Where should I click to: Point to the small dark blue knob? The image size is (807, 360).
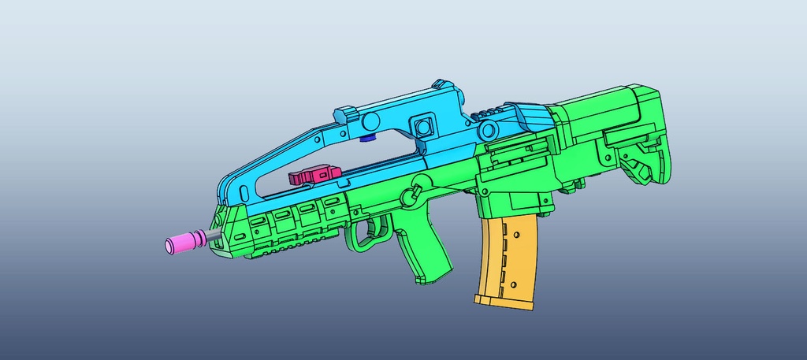tap(366, 140)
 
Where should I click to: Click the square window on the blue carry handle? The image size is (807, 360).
tap(423, 125)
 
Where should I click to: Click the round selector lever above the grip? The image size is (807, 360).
tap(411, 195)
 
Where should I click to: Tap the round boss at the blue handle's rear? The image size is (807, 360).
tap(490, 128)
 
